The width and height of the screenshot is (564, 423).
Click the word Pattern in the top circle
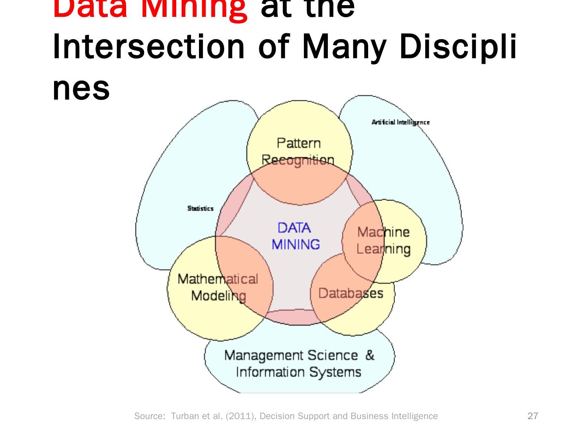point(298,143)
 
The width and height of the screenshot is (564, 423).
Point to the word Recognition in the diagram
point(298,160)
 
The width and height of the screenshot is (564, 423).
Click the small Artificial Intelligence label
point(400,122)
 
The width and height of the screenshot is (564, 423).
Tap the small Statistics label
point(201,208)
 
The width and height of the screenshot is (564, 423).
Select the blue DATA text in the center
point(294,228)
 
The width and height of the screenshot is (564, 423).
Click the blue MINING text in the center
point(296,244)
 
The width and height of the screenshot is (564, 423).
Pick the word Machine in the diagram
point(383,232)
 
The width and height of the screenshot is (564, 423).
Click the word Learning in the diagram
point(383,249)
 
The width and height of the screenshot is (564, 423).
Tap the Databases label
point(351,293)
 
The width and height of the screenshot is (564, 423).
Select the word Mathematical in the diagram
point(218,279)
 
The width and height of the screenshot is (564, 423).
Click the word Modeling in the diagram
point(219,296)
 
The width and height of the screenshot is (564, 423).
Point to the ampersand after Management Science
point(370,355)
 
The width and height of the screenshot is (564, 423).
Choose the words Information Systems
point(298,372)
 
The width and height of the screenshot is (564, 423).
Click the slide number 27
point(533,416)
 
